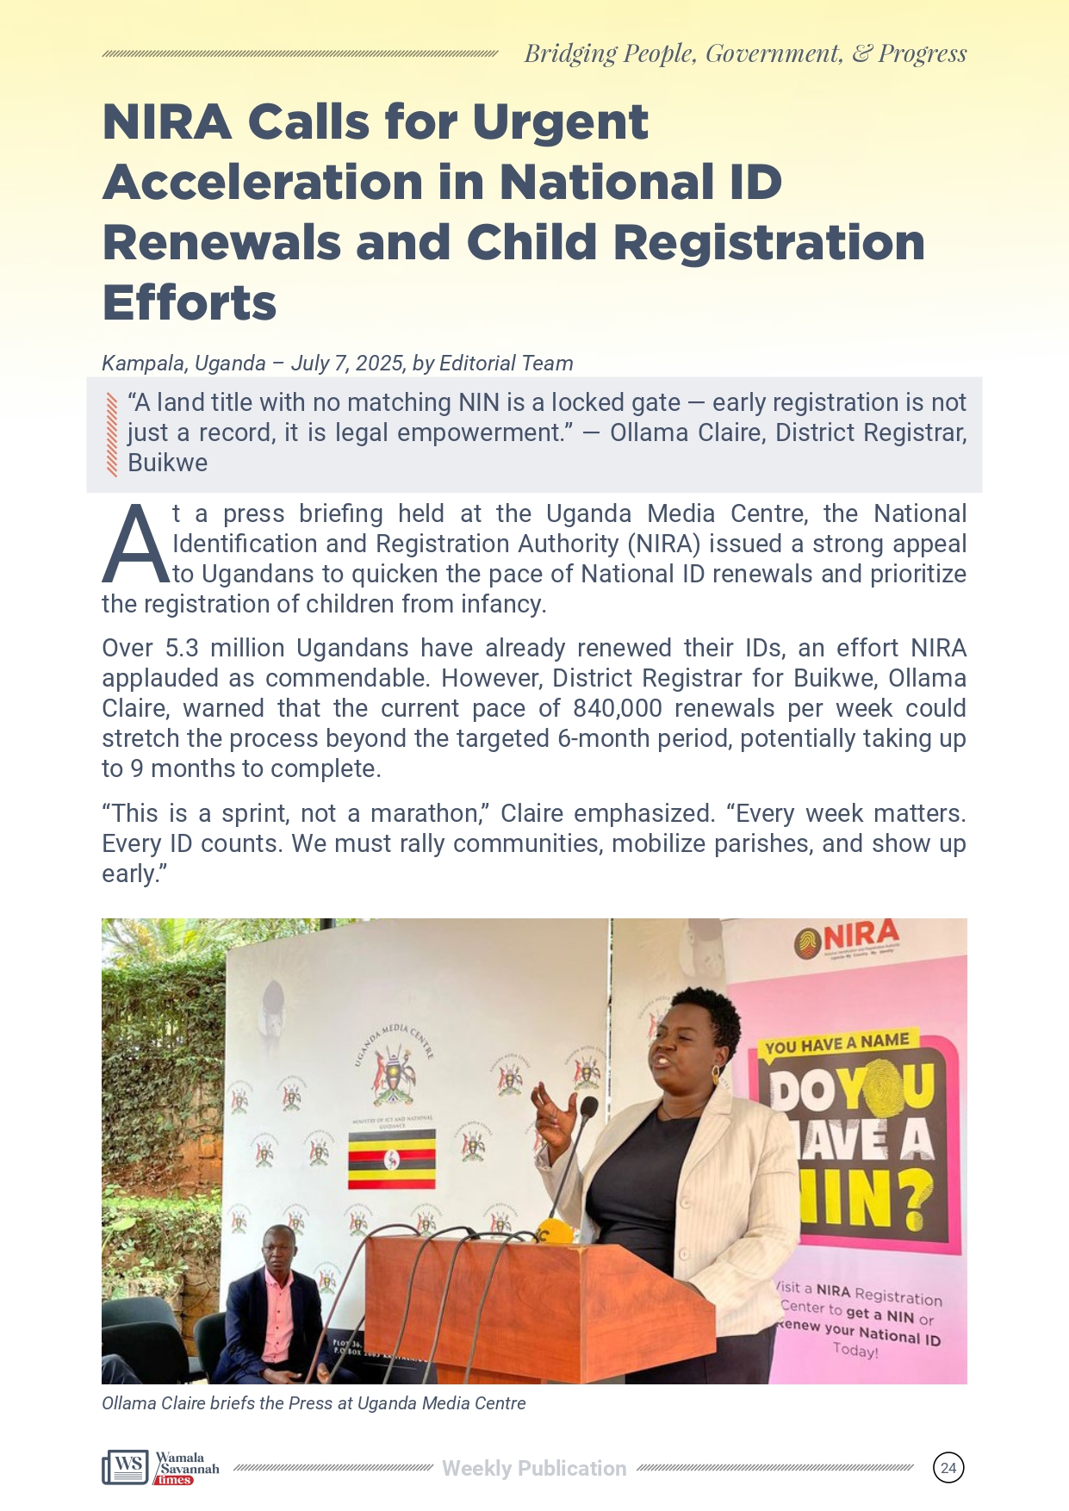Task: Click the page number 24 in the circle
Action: pyautogui.click(x=948, y=1468)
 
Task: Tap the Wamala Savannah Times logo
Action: pyautogui.click(x=161, y=1467)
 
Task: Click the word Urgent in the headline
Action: pyautogui.click(x=560, y=121)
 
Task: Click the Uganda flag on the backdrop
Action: pyautogui.click(x=391, y=1159)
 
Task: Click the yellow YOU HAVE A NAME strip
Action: pyautogui.click(x=836, y=1044)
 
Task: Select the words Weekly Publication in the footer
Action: pyautogui.click(x=534, y=1468)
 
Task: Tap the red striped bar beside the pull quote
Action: pyautogui.click(x=111, y=434)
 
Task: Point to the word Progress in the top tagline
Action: pyautogui.click(x=922, y=53)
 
